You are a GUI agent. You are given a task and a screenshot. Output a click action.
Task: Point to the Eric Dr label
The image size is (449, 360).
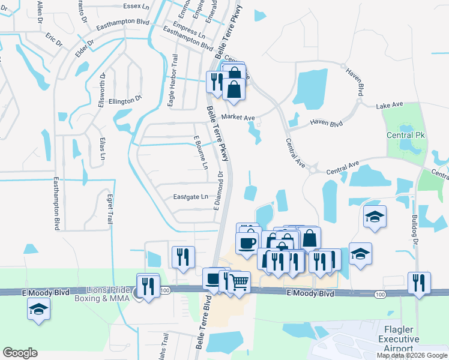pyautogui.click(x=54, y=40)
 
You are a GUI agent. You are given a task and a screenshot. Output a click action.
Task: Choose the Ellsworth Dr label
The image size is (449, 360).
pyautogui.click(x=103, y=91)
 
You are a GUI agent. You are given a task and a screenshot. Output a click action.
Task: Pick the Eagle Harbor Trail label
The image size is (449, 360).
pyautogui.click(x=173, y=81)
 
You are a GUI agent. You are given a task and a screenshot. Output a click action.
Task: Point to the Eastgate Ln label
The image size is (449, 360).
pyautogui.click(x=191, y=197)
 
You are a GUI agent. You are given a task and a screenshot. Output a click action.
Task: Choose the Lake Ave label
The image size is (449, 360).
pyautogui.click(x=389, y=106)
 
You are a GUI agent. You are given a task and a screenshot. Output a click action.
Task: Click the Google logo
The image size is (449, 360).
pyautogui.click(x=21, y=353)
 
